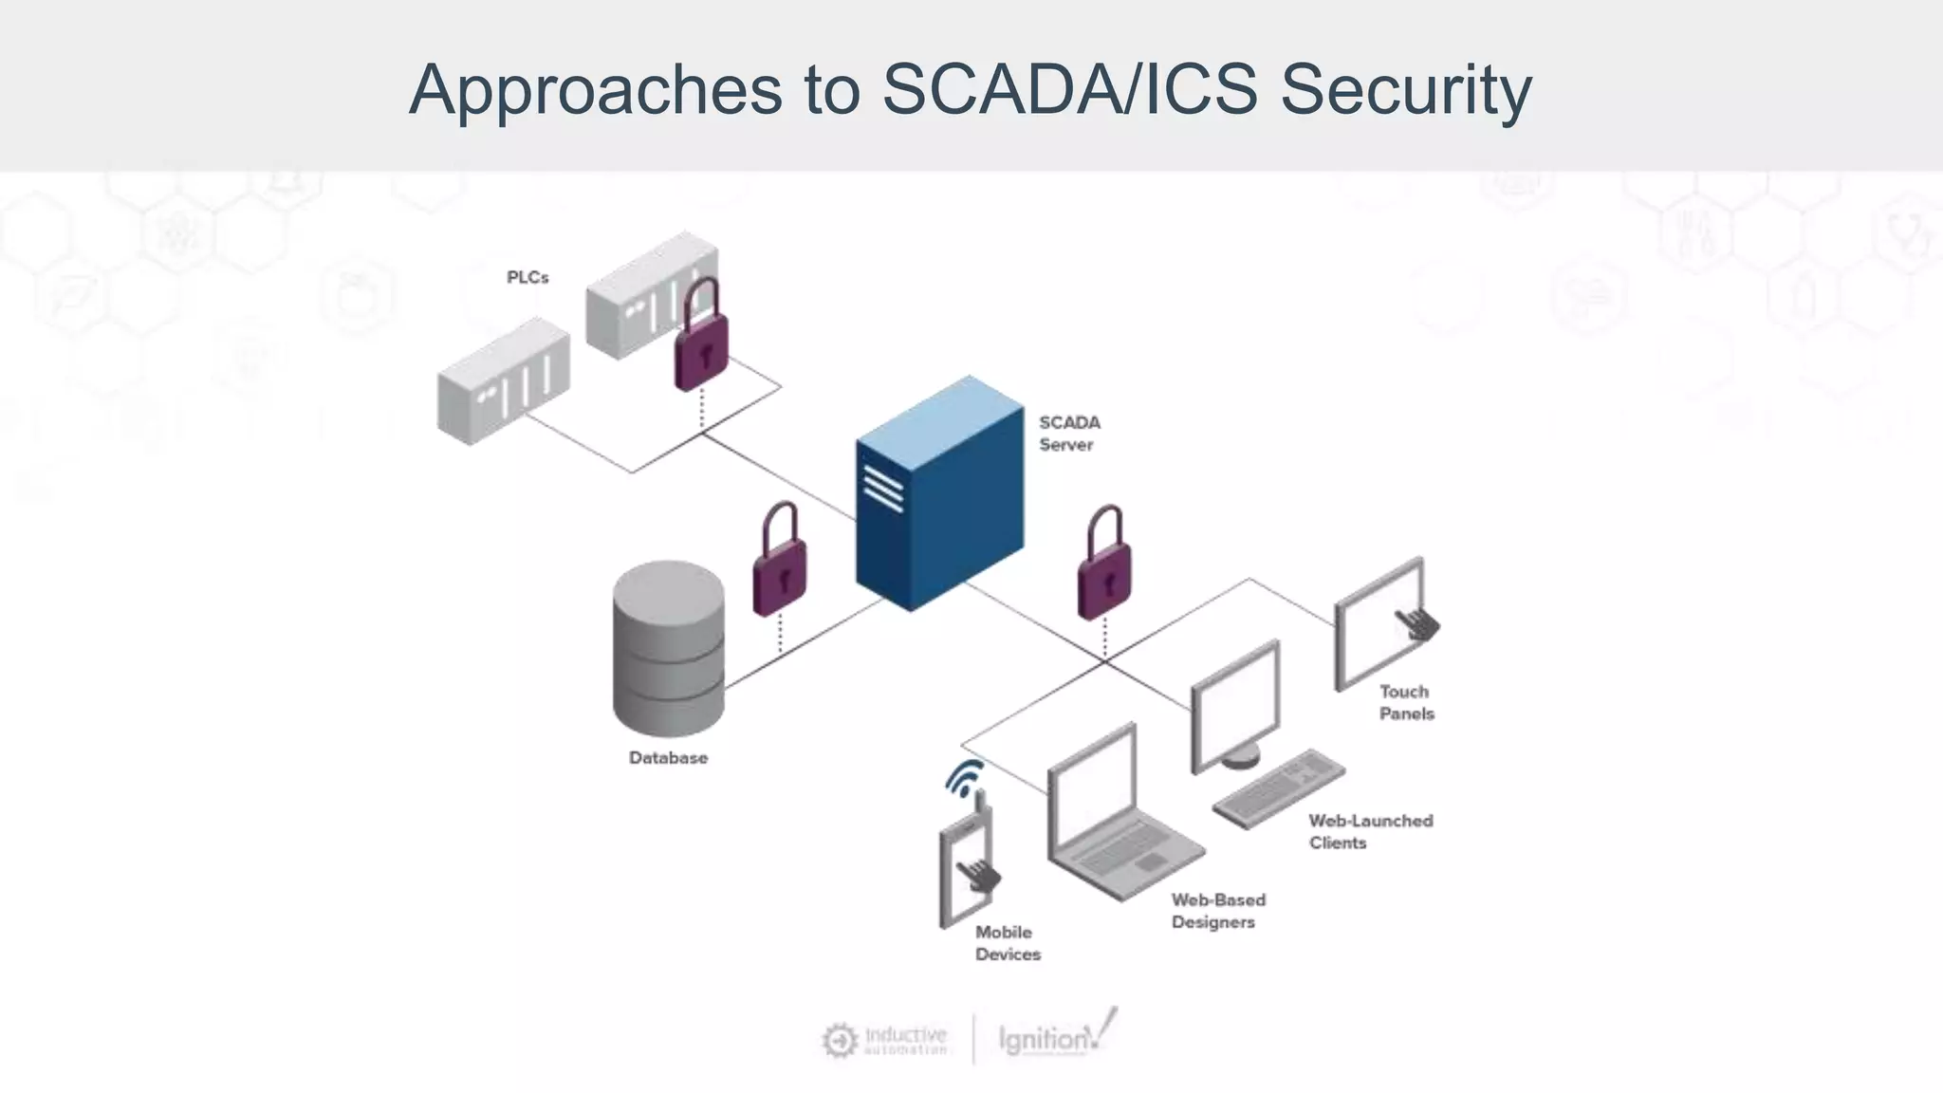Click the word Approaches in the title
[x=596, y=90]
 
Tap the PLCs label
[x=527, y=277]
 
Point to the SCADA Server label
[x=1068, y=434]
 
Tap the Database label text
[x=668, y=757]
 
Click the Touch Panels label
[x=1406, y=702]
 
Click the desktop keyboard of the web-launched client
[x=1278, y=787]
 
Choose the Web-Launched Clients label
[x=1369, y=831]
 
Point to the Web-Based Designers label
[x=1217, y=910]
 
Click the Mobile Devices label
[x=1007, y=943]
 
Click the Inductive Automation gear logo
[x=839, y=1040]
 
